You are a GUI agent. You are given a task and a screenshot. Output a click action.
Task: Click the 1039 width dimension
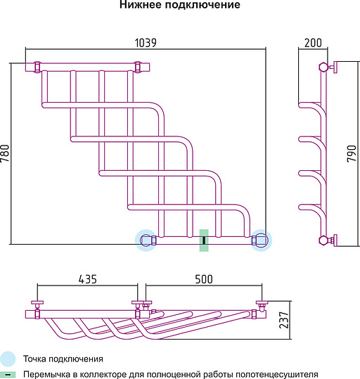click(x=146, y=43)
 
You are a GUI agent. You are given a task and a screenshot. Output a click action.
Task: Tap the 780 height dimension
click(x=5, y=153)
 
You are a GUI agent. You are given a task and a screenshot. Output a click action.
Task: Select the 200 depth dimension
click(x=313, y=43)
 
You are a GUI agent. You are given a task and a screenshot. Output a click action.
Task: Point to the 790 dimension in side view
click(x=352, y=153)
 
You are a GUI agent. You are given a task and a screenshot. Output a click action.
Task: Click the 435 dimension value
click(x=87, y=279)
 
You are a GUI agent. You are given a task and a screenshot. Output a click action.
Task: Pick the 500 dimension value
click(x=204, y=279)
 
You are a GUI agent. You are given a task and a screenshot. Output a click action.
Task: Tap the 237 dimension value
click(x=284, y=320)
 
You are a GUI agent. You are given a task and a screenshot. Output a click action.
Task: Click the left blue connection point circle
click(x=146, y=240)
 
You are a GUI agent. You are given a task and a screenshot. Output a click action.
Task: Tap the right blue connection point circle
click(x=262, y=240)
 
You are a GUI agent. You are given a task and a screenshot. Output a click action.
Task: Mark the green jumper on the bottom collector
click(x=204, y=240)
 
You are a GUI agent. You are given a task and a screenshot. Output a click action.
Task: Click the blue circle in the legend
click(x=8, y=359)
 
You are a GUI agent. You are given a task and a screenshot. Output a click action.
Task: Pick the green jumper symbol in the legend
click(x=8, y=375)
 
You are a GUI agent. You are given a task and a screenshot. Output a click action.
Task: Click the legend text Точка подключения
click(x=63, y=359)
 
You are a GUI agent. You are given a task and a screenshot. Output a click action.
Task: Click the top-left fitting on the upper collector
click(x=37, y=67)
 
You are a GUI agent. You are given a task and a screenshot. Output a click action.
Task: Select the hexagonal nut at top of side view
click(x=323, y=67)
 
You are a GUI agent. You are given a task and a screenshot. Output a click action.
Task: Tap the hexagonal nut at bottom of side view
click(x=323, y=240)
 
